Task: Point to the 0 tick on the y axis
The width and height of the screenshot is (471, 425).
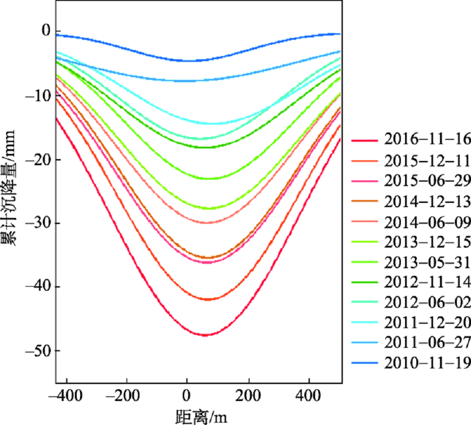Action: pos(46,31)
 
